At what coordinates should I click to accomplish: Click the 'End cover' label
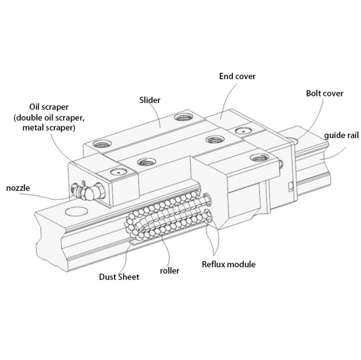coord(237,76)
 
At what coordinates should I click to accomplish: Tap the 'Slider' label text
coord(151,100)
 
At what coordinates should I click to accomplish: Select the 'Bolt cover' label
coord(325,93)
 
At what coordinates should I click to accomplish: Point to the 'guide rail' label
coord(340,135)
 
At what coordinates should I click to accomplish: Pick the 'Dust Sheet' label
coord(119,277)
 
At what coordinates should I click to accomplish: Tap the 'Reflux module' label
coord(229,265)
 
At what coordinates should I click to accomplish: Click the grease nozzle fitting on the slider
coord(87,190)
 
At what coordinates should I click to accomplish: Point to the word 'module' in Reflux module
coord(242,265)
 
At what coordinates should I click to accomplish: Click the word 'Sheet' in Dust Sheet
coord(129,277)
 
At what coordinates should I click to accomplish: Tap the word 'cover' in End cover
coord(246,76)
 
